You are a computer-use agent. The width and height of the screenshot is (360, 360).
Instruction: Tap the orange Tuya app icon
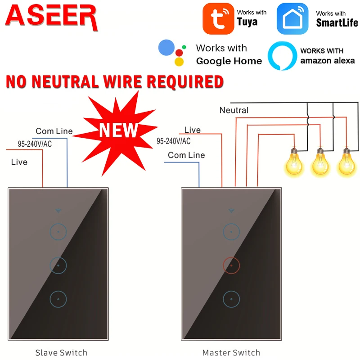click(x=218, y=18)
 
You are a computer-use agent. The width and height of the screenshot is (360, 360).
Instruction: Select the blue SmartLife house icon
click(x=292, y=18)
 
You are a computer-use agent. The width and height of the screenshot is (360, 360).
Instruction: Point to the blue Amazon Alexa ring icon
click(x=282, y=56)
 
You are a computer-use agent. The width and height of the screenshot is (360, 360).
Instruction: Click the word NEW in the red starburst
click(x=118, y=130)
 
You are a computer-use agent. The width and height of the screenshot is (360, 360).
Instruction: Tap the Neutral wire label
click(x=234, y=110)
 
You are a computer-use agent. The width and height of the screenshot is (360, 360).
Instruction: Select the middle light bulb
click(x=320, y=163)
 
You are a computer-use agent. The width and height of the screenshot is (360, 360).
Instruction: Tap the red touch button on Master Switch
click(x=231, y=265)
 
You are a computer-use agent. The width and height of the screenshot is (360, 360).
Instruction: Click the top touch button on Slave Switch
click(x=58, y=232)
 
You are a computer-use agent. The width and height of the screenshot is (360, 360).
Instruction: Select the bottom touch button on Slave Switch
click(x=58, y=299)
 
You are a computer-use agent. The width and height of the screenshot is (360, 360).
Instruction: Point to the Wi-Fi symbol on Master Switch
click(x=231, y=210)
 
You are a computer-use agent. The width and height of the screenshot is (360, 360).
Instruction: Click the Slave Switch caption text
click(x=61, y=352)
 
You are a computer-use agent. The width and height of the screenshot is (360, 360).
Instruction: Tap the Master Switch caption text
click(x=231, y=352)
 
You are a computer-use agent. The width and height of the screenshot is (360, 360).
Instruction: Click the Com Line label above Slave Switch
click(x=54, y=131)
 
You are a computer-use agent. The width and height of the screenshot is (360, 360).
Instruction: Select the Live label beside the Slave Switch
click(x=19, y=162)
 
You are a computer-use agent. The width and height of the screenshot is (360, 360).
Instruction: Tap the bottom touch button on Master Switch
click(x=231, y=299)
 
